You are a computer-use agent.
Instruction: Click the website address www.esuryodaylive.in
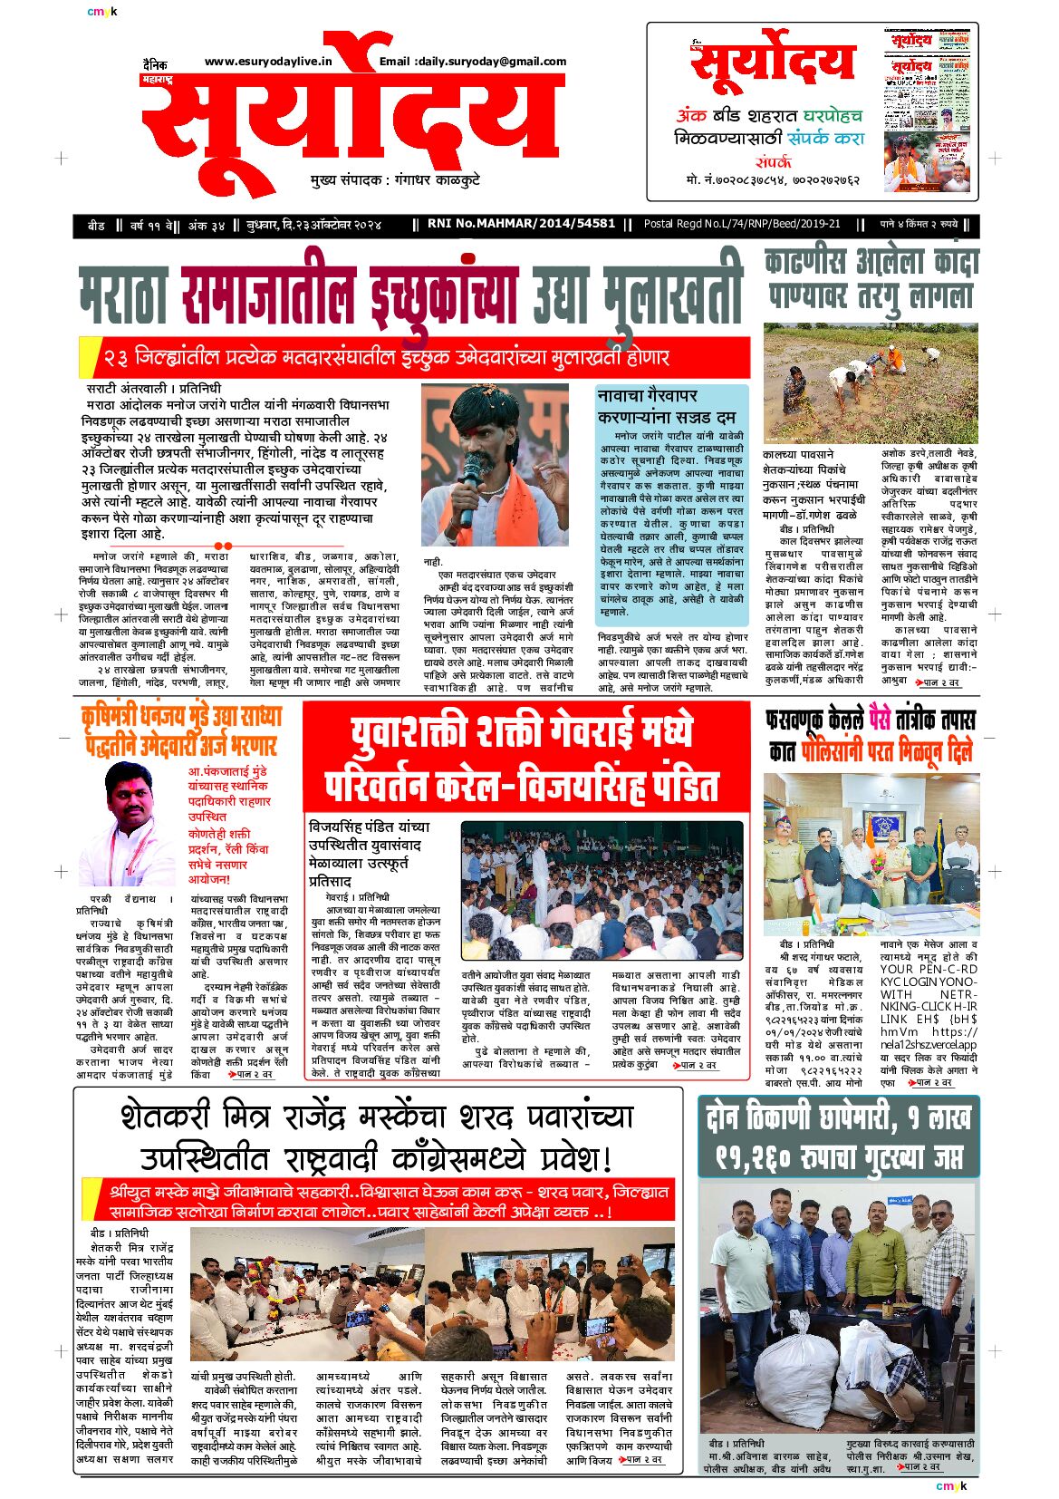click(x=268, y=62)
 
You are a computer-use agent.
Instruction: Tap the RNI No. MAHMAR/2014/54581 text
click(x=521, y=223)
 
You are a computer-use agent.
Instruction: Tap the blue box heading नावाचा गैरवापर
click(x=648, y=396)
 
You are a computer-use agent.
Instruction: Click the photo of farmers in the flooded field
click(x=870, y=382)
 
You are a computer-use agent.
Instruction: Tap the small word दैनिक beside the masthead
click(x=155, y=64)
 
